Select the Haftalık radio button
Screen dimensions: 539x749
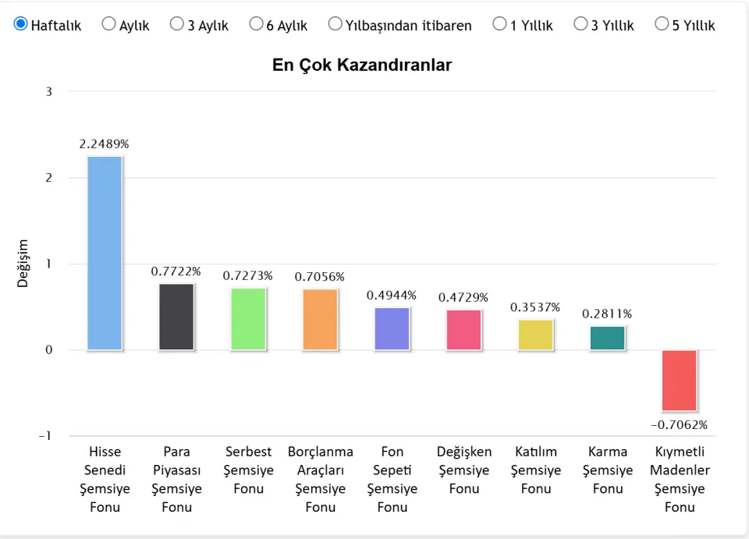point(21,24)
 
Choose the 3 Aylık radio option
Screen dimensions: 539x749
point(177,24)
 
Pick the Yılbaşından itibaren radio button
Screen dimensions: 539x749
point(335,24)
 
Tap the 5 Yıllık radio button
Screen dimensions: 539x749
point(662,24)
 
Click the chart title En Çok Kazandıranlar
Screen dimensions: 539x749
point(362,65)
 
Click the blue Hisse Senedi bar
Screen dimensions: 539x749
point(105,253)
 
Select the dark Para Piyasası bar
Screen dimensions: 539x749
point(176,317)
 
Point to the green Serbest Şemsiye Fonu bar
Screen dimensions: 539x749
point(248,318)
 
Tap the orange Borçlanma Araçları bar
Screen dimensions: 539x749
point(320,319)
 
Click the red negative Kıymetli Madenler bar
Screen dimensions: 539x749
point(679,380)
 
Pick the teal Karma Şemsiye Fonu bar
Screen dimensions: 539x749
point(607,338)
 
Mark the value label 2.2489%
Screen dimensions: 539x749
point(104,144)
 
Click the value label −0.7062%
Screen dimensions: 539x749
point(679,425)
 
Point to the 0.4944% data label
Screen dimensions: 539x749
point(392,296)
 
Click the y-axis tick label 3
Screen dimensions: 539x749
point(48,91)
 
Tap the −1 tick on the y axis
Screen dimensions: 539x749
point(45,436)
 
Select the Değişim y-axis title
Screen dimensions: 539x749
point(23,264)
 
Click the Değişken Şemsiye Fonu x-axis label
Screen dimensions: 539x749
point(464,470)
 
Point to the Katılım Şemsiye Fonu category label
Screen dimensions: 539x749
point(536,470)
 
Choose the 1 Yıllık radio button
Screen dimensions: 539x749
point(500,24)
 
